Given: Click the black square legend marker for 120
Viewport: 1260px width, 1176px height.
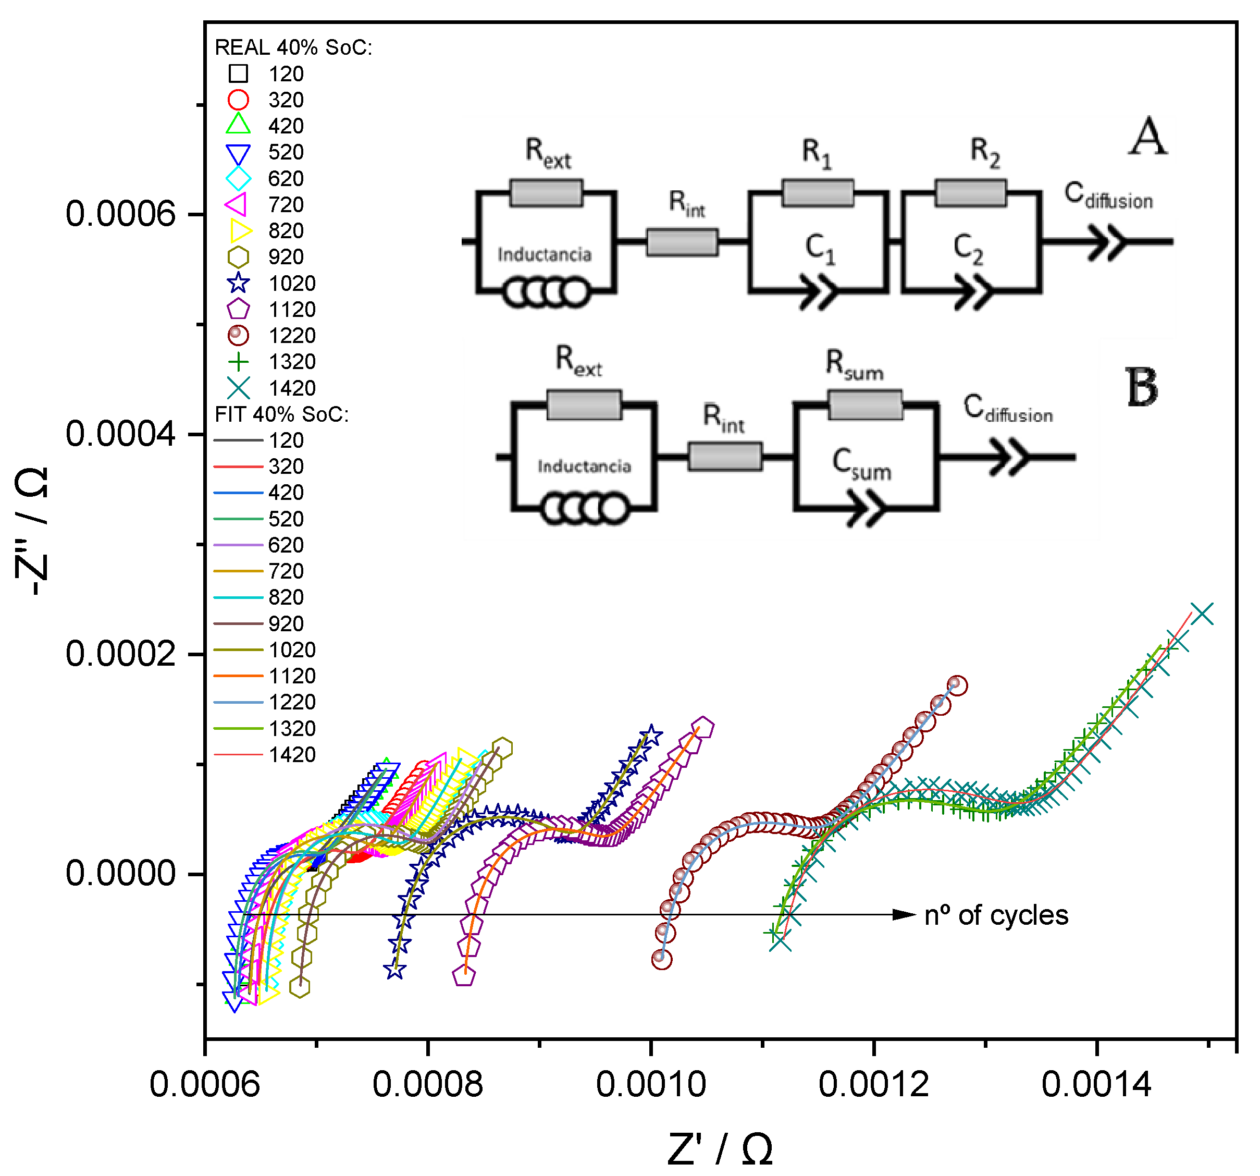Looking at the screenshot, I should [238, 73].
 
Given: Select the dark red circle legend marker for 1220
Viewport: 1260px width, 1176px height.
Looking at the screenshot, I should [238, 335].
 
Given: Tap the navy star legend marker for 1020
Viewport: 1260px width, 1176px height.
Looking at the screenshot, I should [238, 283].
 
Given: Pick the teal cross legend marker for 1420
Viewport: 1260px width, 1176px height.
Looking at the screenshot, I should [238, 387].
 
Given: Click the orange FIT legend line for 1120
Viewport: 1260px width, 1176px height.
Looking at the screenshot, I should [238, 676].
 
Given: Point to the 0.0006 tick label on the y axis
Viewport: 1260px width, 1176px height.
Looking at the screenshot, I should [120, 214].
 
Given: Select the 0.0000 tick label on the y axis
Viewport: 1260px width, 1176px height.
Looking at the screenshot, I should [120, 874].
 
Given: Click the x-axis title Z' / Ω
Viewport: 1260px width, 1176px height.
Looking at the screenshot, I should [720, 1149].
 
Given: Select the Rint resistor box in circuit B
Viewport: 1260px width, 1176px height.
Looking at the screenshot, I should [725, 457].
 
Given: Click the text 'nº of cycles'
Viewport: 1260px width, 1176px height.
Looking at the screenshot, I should [996, 915].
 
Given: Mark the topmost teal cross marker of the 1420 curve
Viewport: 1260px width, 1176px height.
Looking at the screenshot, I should [1202, 613].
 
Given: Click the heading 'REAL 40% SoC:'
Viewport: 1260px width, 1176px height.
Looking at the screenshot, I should [293, 47].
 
